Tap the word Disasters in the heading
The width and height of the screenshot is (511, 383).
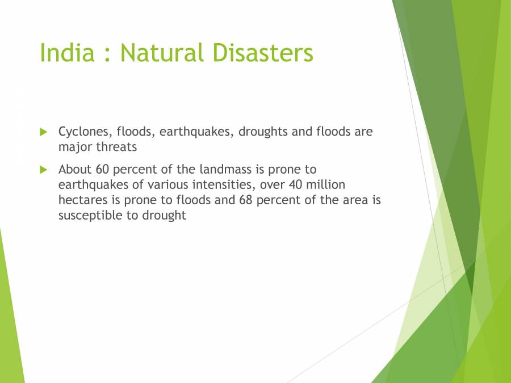coord(263,53)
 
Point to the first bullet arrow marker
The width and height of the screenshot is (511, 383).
coord(44,132)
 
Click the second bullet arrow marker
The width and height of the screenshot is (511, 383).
coord(44,169)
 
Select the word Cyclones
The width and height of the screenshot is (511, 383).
coord(85,132)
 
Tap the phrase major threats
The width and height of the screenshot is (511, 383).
coord(97,147)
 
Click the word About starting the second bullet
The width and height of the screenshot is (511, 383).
coord(74,169)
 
